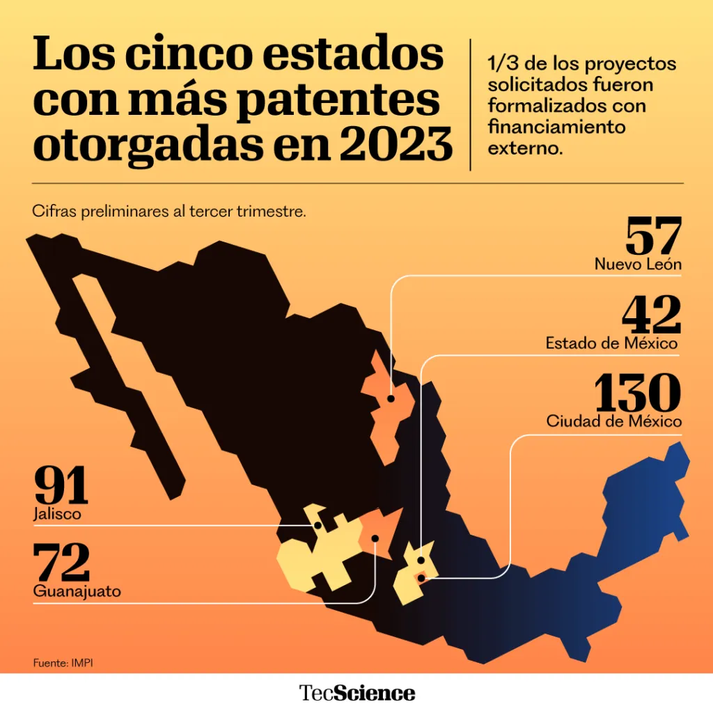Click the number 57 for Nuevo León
pos(652,237)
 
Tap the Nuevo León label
pos(638,265)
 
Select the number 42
pos(651,315)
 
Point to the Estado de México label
pos(611,343)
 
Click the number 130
pos(636,393)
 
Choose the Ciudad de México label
pos(613,421)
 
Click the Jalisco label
pos(57,515)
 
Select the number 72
pos(62,563)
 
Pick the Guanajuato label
pos(77,591)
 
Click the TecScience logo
pos(357,694)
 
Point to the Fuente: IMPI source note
pos(63,663)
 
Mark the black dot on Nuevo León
pos(391,399)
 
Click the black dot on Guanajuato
pos(375,538)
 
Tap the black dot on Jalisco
pos(318,525)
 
